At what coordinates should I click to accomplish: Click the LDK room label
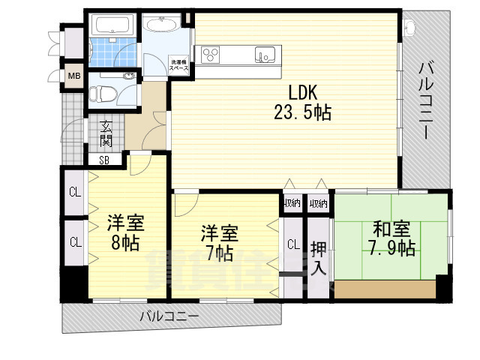304,93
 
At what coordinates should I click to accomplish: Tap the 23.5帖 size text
303,112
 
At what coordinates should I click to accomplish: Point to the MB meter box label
74,76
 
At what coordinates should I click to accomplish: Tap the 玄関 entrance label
106,133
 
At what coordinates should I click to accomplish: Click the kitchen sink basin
264,54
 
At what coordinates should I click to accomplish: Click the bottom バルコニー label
169,316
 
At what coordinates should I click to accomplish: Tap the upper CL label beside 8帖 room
74,191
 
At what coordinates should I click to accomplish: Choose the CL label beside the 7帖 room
292,243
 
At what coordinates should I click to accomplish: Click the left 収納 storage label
292,203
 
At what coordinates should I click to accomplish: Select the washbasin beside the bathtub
159,28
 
